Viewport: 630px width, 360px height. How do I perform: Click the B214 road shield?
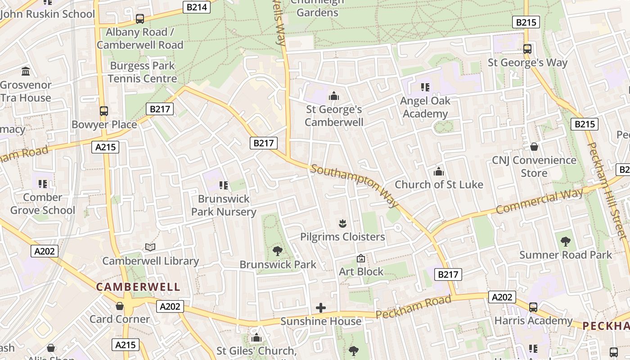click(197, 7)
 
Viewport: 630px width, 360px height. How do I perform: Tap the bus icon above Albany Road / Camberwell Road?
click(140, 19)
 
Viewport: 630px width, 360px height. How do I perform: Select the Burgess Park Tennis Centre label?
click(142, 72)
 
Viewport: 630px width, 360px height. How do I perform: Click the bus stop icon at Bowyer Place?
click(104, 111)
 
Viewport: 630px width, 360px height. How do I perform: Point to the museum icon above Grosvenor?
click(26, 71)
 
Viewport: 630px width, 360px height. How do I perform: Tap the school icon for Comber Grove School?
click(43, 184)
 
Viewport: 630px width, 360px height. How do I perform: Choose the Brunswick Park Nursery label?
click(224, 205)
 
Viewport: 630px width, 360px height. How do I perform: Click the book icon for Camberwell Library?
click(150, 247)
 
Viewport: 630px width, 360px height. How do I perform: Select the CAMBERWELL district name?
click(138, 287)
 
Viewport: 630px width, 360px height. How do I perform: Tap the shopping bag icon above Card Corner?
click(120, 306)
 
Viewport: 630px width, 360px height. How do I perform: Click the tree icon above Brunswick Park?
click(278, 251)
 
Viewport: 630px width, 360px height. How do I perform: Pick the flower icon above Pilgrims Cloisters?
click(342, 223)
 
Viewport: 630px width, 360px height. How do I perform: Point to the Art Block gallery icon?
click(360, 258)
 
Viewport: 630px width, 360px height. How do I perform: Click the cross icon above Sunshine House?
click(321, 308)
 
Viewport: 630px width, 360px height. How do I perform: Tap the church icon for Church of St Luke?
click(438, 171)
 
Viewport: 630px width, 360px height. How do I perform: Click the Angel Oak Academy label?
click(425, 107)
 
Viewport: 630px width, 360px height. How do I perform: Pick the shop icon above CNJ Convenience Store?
click(534, 147)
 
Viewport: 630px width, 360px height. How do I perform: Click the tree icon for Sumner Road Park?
click(566, 242)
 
